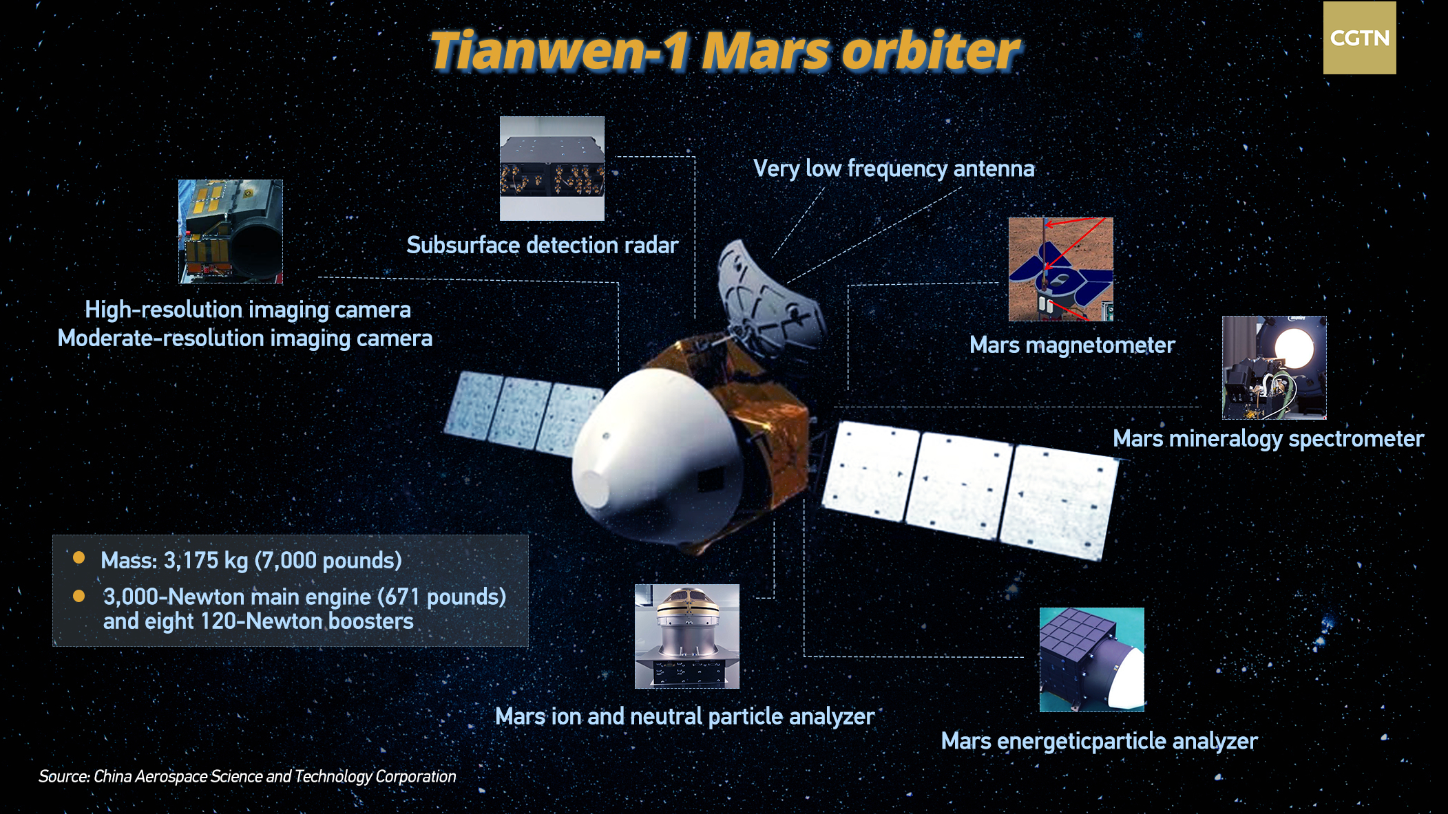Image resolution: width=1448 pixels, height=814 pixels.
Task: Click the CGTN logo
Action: click(x=1359, y=38)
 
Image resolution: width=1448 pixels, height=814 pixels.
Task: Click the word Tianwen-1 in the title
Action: click(x=559, y=51)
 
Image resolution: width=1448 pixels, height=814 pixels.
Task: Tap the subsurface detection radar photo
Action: click(x=552, y=169)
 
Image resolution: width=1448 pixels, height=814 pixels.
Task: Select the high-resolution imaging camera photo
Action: click(x=231, y=232)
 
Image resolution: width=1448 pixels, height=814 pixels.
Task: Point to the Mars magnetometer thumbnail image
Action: click(x=1061, y=270)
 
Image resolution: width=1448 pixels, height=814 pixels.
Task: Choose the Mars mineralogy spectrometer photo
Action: click(x=1274, y=367)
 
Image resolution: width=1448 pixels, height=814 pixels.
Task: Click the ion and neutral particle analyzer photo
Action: click(x=687, y=636)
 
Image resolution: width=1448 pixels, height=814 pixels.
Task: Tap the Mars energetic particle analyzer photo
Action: click(x=1092, y=660)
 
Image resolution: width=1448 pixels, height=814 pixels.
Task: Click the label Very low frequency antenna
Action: click(x=894, y=169)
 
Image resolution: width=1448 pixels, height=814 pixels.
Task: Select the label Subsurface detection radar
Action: click(x=543, y=245)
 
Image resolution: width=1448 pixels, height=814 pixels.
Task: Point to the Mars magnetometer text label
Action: click(x=1072, y=345)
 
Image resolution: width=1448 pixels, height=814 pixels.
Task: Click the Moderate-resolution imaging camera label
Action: click(x=245, y=339)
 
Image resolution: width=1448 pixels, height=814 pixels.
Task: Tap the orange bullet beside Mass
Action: click(x=79, y=557)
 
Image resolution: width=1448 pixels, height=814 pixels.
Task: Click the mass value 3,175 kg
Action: click(x=206, y=561)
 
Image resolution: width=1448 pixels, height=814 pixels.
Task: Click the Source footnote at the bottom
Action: click(x=247, y=777)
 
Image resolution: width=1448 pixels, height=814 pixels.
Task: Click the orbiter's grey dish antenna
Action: click(x=770, y=300)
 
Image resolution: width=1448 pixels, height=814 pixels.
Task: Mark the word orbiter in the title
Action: click(x=932, y=51)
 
